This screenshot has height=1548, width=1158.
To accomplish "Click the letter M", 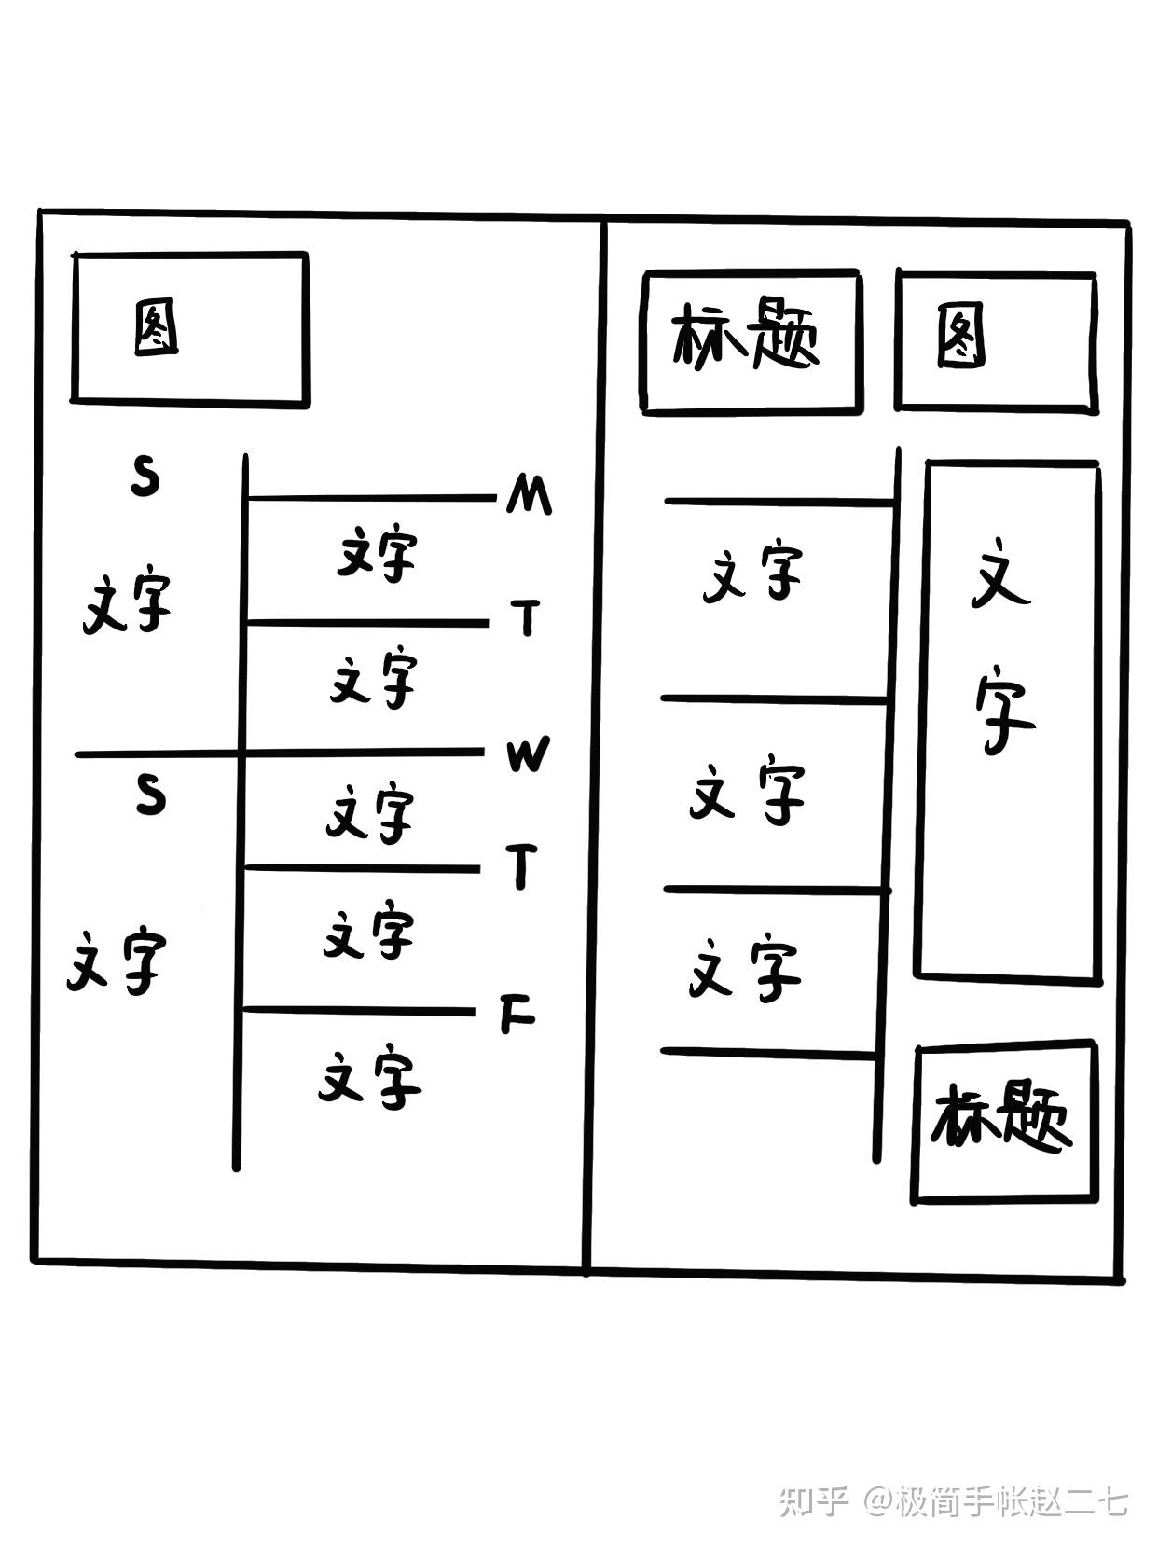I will coord(529,494).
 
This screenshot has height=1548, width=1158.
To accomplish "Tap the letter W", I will coord(528,754).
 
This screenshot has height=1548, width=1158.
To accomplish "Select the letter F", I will coord(517,1015).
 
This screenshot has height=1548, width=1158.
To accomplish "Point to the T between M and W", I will coord(526,617).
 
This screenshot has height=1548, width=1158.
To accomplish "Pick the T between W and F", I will coord(522,866).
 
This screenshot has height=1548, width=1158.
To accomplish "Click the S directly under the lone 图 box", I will coord(145,477).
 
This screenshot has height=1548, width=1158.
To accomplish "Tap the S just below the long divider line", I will coord(150,795).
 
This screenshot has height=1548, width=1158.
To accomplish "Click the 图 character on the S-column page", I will coord(156,327).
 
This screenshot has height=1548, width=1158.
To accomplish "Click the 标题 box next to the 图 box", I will coord(751,341).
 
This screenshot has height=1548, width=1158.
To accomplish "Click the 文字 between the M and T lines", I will coord(377,555).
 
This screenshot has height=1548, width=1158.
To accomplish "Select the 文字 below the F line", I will coord(370,1080).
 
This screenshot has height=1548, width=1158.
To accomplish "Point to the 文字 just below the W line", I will coord(370,813).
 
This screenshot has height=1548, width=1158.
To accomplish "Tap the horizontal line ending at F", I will coord(359,1011).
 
